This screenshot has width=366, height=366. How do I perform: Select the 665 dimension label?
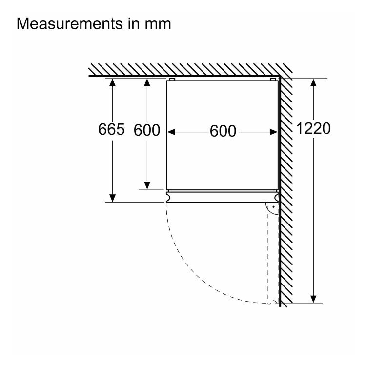(112, 130)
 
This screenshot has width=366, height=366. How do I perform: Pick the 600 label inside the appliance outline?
(223, 131)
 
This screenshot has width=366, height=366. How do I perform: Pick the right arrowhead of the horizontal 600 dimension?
(274, 131)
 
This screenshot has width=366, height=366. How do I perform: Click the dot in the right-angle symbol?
(274, 207)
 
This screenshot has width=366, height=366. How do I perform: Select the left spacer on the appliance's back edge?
(171, 79)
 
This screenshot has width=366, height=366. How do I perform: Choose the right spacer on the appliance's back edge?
(273, 79)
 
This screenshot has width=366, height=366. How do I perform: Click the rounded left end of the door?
(168, 197)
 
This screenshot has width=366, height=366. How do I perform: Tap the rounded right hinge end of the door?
(277, 197)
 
